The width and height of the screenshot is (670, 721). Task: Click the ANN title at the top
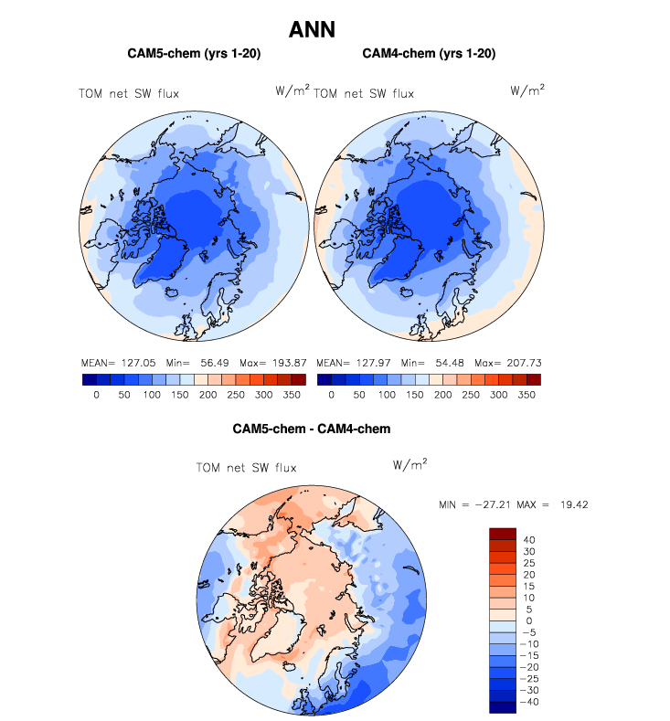coord(312,30)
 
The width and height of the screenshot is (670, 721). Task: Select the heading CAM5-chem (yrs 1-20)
coord(194,54)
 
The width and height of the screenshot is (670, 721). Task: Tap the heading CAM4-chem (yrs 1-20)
coord(429,54)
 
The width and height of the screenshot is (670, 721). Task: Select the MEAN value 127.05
coord(136,363)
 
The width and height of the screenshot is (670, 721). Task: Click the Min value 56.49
coord(215,363)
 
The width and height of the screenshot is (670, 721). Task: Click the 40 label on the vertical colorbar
coord(529,540)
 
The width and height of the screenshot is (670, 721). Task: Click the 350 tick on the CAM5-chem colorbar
coord(292,396)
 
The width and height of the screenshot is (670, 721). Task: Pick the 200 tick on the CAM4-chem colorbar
coord(442,396)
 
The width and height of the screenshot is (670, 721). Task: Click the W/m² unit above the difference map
coord(409,464)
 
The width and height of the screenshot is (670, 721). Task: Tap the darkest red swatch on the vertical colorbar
coord(504,534)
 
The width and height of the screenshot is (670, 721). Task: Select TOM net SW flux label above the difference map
coord(247,468)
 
